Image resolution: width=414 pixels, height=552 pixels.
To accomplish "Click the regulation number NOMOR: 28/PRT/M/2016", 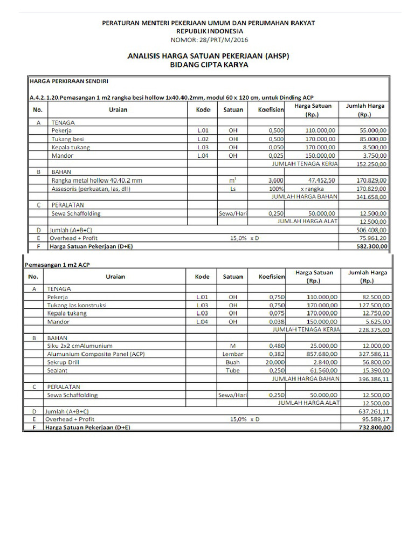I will pos(209,39).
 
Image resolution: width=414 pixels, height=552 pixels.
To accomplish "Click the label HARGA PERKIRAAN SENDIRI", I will pos(69,81).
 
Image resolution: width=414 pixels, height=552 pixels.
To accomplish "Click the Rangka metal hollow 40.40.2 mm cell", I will pos(97,180).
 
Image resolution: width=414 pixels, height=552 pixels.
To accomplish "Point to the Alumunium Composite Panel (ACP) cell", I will pos(96,354).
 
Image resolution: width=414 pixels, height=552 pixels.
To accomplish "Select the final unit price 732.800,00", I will pos(372,427).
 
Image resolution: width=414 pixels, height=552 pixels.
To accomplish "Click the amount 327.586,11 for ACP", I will pos(372,354).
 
